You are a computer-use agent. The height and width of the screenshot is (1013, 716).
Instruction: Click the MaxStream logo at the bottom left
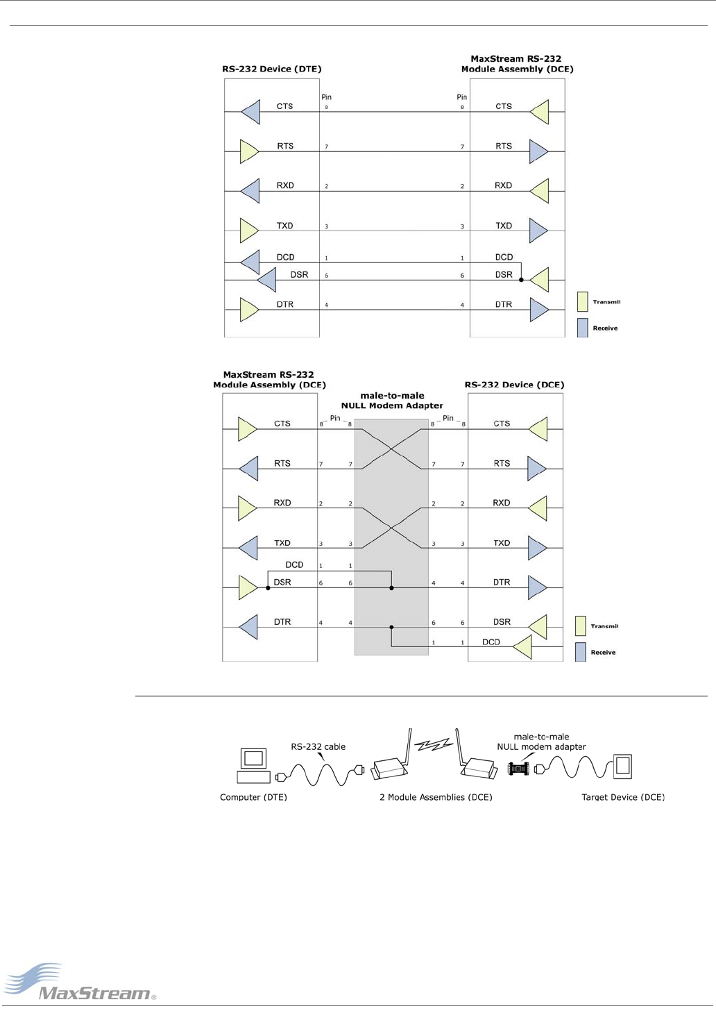pos(80,982)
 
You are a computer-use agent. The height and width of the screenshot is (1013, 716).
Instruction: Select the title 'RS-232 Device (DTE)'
pos(271,69)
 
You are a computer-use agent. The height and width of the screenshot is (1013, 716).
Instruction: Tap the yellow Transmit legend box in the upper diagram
pos(582,301)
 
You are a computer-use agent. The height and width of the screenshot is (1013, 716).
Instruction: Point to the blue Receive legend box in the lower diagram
pos(581,652)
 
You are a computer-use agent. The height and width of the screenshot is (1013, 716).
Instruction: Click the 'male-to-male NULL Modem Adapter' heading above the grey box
pos(392,401)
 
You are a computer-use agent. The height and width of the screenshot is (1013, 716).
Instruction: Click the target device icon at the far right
pos(622,766)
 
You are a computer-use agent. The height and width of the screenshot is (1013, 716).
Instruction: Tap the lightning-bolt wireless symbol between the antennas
pos(434,745)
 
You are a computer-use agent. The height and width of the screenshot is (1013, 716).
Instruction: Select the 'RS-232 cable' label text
pos(318,747)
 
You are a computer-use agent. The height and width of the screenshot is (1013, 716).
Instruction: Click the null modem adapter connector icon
pos(518,768)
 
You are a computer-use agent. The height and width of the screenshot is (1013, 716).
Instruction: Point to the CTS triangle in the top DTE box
pos(250,112)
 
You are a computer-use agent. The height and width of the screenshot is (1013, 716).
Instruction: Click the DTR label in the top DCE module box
pos(504,305)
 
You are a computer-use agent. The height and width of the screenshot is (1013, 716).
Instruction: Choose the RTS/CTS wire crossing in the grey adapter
pos(391,449)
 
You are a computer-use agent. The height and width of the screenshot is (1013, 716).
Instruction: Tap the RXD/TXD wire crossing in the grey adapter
pos(391,528)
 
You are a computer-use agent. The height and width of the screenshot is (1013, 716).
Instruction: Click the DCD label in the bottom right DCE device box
pos(491,642)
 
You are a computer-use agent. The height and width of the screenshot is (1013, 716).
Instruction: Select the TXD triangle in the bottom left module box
pos(248,548)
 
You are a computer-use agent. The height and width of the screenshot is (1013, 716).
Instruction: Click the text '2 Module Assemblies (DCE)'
pos(436,797)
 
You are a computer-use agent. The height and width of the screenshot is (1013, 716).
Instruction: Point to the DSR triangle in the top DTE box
pos(266,281)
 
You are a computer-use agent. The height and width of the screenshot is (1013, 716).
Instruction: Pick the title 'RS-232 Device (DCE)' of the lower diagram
pos(514,385)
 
